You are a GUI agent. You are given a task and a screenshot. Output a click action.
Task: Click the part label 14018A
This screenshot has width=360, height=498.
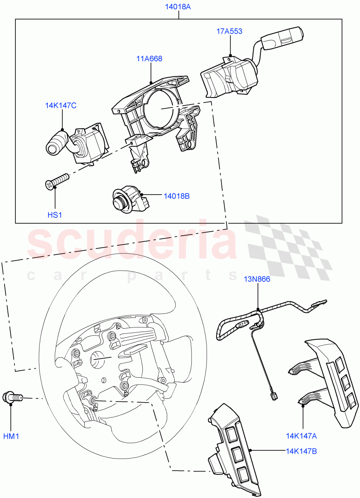179,7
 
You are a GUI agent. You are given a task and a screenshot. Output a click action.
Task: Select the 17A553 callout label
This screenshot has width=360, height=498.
229,31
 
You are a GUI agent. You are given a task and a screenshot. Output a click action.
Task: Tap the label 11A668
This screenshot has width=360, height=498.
149,59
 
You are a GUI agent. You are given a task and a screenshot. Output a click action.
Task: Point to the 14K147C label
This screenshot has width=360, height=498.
61,105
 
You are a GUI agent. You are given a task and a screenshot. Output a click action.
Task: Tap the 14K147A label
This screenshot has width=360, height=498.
302,436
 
